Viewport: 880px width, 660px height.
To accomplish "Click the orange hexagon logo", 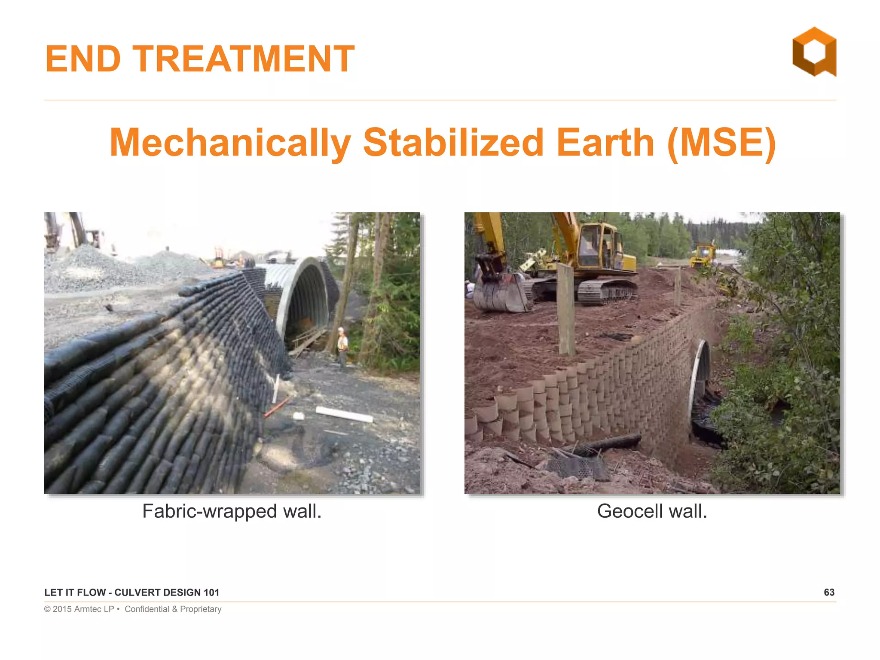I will (814, 52).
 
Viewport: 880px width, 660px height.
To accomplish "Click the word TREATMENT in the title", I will (243, 59).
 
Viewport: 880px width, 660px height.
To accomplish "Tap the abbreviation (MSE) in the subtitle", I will (721, 143).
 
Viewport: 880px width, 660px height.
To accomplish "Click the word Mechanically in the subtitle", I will (230, 143).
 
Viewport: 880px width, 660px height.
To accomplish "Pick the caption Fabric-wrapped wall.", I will (232, 511).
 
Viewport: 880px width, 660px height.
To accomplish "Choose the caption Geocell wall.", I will (652, 511).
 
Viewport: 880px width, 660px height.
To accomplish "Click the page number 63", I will (829, 593).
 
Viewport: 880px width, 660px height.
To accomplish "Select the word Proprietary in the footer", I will (201, 609).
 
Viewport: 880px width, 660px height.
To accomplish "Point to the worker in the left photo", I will (342, 345).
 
